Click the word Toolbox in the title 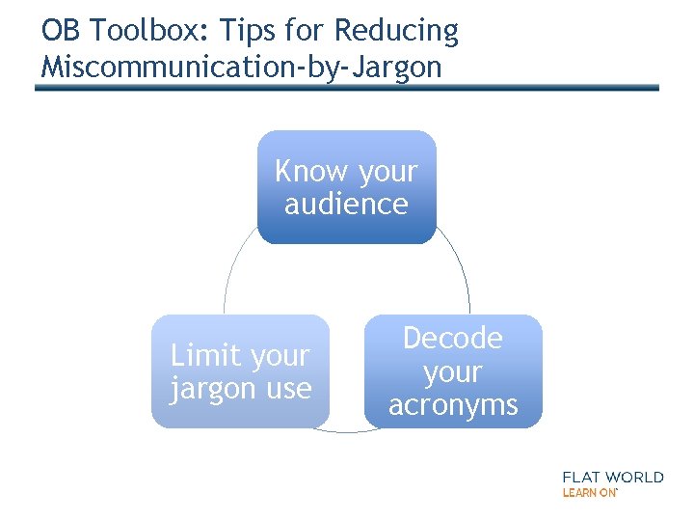[129, 31]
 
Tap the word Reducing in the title [397, 31]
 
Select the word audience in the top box [346, 204]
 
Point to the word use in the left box [289, 389]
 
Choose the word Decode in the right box [452, 338]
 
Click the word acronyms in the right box [453, 404]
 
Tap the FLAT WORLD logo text [613, 477]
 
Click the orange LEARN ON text [589, 492]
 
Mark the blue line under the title [347, 88]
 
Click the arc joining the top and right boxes [461, 270]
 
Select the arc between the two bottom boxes [347, 430]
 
